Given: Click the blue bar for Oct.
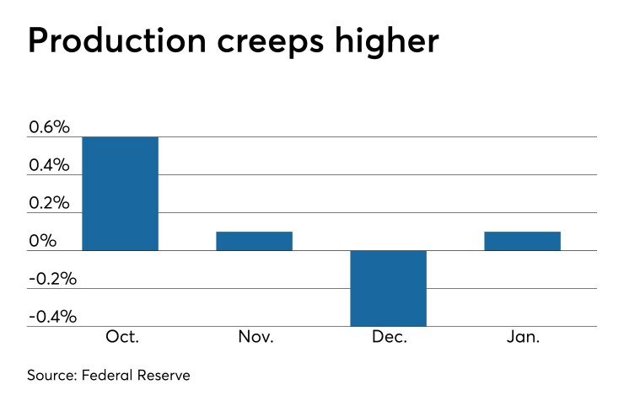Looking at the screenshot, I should click(x=120, y=194).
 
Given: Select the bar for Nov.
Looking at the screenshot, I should click(x=254, y=241).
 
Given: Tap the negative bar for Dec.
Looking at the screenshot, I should click(x=388, y=288).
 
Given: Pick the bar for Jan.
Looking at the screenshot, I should click(x=522, y=241).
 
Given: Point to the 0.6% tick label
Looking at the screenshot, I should click(x=49, y=127).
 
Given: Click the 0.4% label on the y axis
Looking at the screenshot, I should click(x=49, y=165).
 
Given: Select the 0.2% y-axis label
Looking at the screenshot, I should click(x=49, y=203).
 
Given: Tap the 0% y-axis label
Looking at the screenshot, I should click(x=42, y=242).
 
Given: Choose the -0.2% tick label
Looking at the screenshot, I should click(x=52, y=279).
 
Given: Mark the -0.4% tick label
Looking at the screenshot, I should click(x=52, y=317).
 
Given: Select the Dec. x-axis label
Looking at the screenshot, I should click(x=388, y=337).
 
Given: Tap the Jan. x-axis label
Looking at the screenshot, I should click(x=522, y=337).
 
